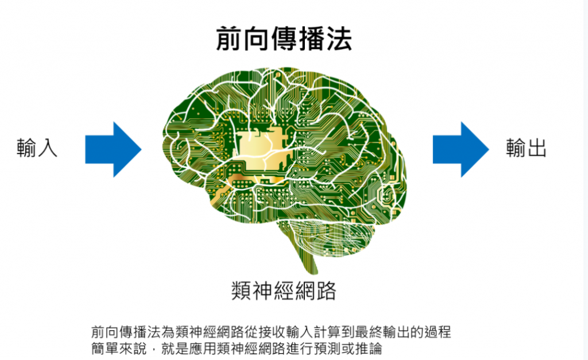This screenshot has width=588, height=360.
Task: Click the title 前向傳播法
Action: tap(284, 39)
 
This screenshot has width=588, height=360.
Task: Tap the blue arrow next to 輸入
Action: tap(113, 149)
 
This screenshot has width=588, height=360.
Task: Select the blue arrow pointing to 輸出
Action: tap(461, 149)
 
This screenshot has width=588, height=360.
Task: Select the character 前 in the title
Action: tap(228, 39)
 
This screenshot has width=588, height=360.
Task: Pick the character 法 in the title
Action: tap(339, 39)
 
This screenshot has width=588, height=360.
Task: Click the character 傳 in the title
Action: tap(283, 39)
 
